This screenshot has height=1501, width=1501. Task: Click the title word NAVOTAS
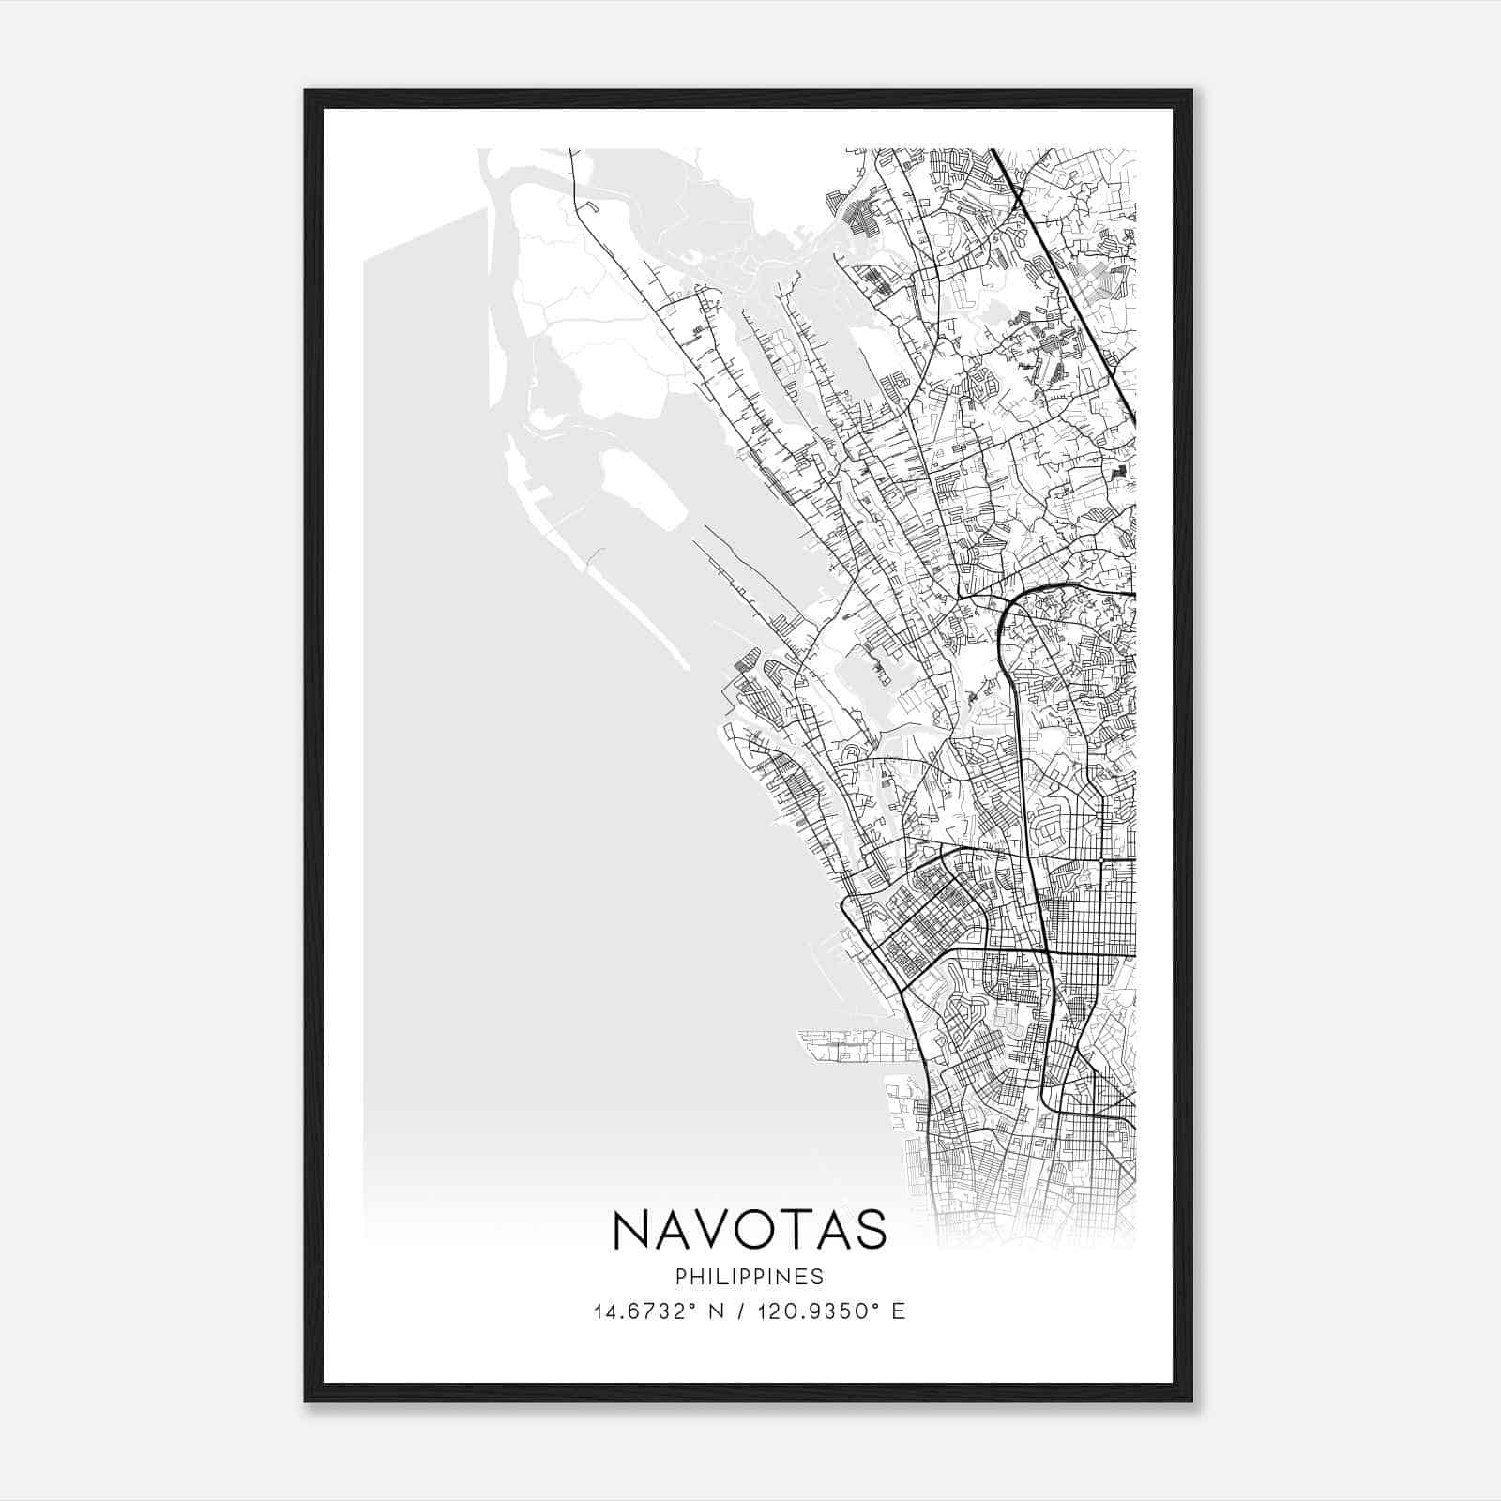point(750,1229)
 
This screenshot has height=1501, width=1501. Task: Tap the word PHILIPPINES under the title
point(750,1277)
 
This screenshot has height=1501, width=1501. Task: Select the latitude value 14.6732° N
point(646,1311)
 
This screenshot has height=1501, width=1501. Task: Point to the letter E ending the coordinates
point(899,1311)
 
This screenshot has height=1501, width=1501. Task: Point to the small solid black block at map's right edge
point(1117,473)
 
